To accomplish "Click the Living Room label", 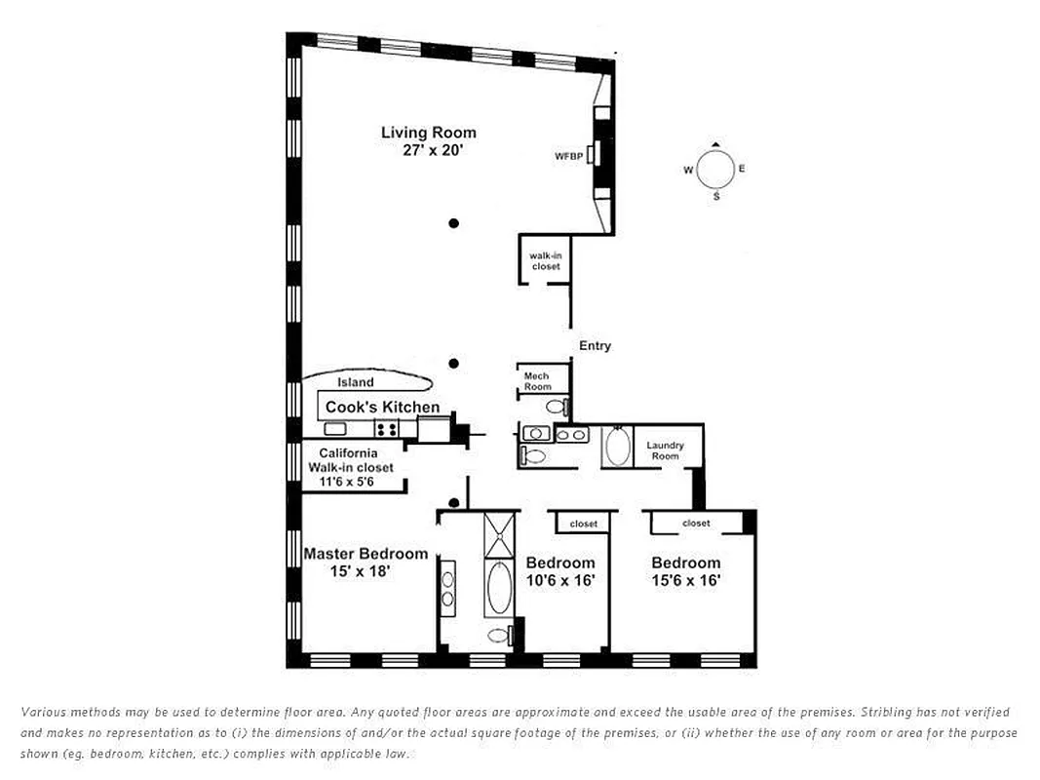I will [429, 133].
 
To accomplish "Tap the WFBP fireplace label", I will [568, 156].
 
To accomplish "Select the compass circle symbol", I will [715, 170].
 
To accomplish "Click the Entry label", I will [595, 346].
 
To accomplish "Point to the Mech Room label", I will [537, 381].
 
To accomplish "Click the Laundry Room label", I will [665, 450].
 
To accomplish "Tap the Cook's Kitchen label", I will [382, 407].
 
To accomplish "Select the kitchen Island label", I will [355, 382].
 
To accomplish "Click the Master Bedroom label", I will [366, 554].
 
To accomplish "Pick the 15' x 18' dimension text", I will [361, 571].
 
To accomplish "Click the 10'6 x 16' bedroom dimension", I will [560, 580].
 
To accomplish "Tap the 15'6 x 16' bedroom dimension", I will [686, 580].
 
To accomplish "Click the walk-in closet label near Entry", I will [546, 261].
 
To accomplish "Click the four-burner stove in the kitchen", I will [386, 429].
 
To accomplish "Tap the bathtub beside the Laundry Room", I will [617, 448].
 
